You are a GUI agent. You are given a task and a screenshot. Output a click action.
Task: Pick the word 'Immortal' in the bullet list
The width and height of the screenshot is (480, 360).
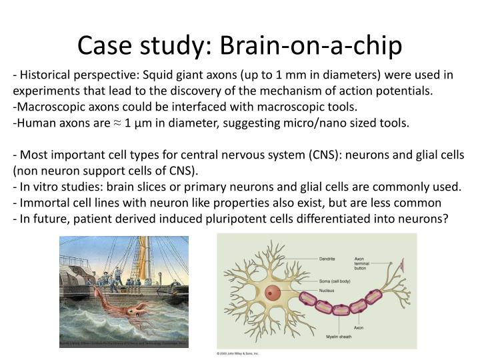[44, 201]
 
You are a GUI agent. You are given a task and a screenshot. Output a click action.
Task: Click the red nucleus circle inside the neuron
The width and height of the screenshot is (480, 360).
[272, 292]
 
